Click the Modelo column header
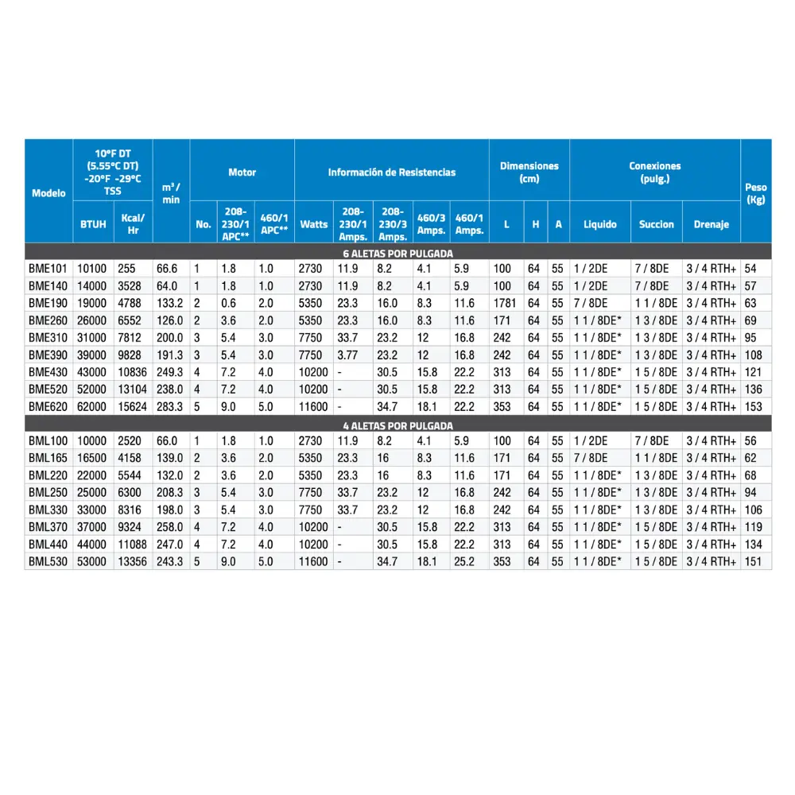(48, 193)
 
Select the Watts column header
(313, 224)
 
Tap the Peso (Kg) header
(756, 193)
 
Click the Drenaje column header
(711, 224)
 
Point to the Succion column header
(657, 224)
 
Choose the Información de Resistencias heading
(392, 172)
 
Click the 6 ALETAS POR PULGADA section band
(397, 253)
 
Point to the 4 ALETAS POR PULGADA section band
(397, 425)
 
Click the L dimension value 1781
(505, 303)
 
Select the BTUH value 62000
(93, 406)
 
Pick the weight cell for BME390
(754, 355)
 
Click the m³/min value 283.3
(169, 406)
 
